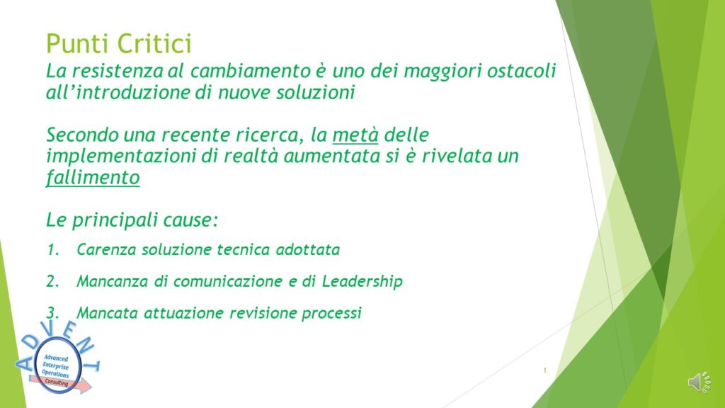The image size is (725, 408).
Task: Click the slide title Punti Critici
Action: tap(119, 43)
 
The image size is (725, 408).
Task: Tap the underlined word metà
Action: tap(355, 135)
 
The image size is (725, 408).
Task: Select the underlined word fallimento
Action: tap(93, 178)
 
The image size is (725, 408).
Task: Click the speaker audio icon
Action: tap(700, 382)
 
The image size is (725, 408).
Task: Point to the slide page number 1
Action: tap(544, 370)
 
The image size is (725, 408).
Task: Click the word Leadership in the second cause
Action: tap(362, 281)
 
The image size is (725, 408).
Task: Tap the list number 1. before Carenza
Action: tap(53, 250)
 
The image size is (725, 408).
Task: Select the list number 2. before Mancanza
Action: tap(53, 281)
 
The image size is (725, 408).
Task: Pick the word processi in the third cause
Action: tap(331, 313)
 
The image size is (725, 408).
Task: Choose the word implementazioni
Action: tap(120, 156)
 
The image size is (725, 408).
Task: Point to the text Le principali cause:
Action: tap(132, 220)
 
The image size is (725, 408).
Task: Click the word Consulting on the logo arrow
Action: tap(57, 382)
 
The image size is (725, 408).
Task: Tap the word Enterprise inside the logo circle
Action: tap(55, 366)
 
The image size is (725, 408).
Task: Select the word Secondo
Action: tap(82, 135)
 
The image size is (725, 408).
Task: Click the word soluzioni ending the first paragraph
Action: tap(315, 92)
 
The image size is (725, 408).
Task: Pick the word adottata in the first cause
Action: tap(307, 250)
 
